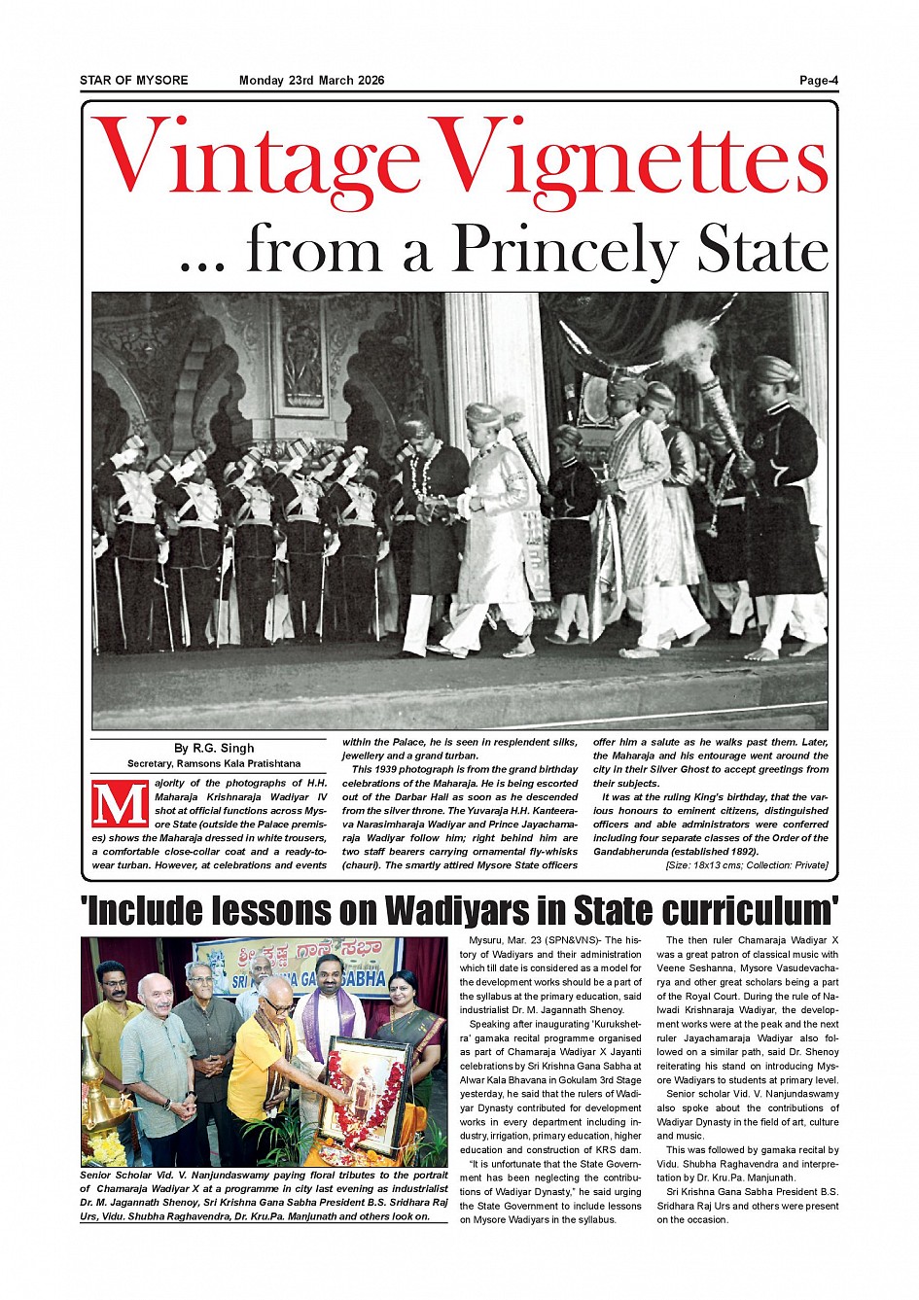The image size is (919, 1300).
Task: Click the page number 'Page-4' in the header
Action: tap(818, 81)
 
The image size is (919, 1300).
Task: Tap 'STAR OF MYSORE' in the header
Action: tap(134, 81)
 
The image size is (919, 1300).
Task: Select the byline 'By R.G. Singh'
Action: tap(214, 749)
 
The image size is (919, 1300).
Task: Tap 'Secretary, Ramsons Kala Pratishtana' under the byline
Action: tap(214, 764)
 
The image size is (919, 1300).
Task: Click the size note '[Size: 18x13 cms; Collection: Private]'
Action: tap(746, 865)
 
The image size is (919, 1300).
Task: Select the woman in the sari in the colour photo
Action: tap(403, 1031)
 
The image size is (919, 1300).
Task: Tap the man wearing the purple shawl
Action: tap(331, 1021)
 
